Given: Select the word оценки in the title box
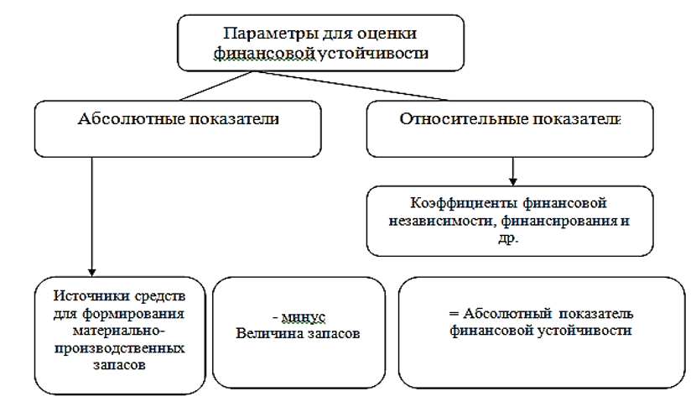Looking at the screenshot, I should click(x=387, y=34).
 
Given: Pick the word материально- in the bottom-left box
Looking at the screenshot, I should click(x=117, y=329).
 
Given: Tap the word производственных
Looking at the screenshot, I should click(x=117, y=345).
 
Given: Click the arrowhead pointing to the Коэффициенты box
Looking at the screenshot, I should click(x=512, y=180).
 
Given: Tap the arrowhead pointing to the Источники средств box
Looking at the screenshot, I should click(x=90, y=265).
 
